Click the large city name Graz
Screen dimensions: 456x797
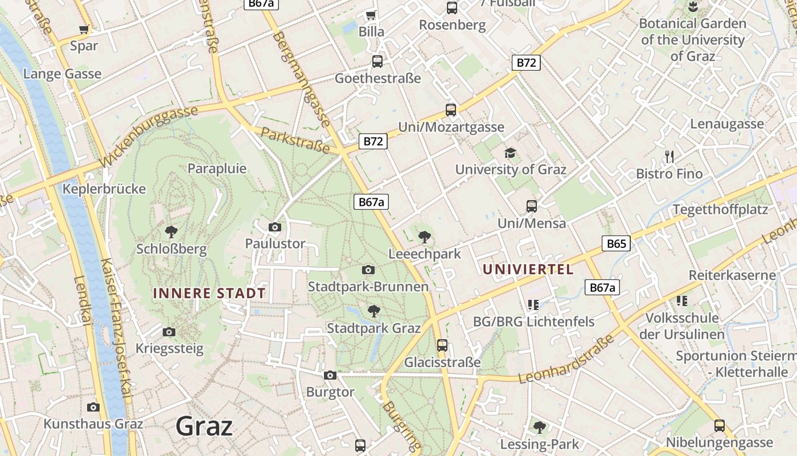click(x=204, y=426)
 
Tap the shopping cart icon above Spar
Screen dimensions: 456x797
click(x=84, y=29)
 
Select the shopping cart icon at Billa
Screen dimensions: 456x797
click(x=371, y=15)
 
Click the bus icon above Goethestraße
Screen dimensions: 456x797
click(x=377, y=62)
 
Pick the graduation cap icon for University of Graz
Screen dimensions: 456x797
click(x=510, y=153)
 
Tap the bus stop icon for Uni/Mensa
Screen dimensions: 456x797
click(x=532, y=206)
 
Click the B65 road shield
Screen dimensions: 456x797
click(x=616, y=244)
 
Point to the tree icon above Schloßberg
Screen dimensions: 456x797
click(x=171, y=231)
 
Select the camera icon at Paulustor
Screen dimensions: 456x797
click(x=275, y=227)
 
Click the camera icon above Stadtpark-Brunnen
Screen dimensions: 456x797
click(x=368, y=270)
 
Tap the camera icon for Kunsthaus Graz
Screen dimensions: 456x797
click(x=93, y=407)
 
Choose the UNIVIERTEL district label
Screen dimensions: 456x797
click(x=528, y=270)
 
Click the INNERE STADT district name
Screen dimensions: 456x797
click(x=209, y=294)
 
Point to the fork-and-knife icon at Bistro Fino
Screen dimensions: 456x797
click(x=669, y=157)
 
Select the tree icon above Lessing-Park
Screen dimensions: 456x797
click(x=539, y=426)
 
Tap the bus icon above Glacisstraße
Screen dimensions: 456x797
click(x=442, y=345)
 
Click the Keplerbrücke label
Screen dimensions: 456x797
click(x=105, y=189)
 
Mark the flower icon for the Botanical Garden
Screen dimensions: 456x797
click(x=693, y=7)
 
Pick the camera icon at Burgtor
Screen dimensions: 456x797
click(x=330, y=375)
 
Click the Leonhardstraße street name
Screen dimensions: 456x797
click(x=566, y=360)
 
